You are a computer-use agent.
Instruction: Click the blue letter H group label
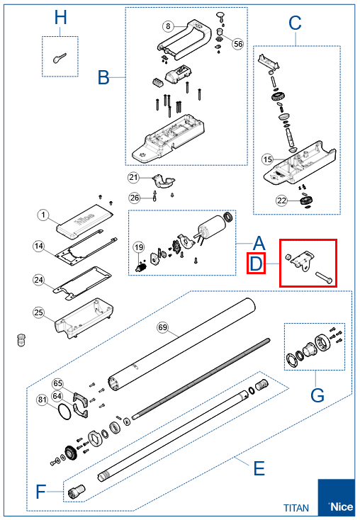[x=60, y=17]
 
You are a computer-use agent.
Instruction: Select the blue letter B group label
[x=103, y=77]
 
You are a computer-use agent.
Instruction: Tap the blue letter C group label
[x=295, y=23]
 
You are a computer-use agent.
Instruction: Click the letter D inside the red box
[x=256, y=264]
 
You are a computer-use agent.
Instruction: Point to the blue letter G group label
[x=317, y=395]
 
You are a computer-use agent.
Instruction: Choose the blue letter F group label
[x=40, y=492]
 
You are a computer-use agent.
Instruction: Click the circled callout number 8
[x=168, y=26]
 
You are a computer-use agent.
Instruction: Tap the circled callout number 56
[x=238, y=44]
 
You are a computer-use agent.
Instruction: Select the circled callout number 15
[x=267, y=159]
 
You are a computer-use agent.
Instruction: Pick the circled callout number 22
[x=281, y=200]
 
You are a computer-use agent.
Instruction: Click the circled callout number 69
[x=162, y=327]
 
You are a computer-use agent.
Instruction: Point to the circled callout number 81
[x=42, y=400]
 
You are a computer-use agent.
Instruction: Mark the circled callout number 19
[x=139, y=247]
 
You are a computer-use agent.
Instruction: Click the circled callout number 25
[x=39, y=312]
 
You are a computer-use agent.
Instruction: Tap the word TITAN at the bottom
[x=296, y=508]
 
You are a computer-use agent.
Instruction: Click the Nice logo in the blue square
[x=341, y=507]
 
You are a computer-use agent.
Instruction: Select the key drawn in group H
[x=60, y=58]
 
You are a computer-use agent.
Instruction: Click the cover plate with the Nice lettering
[x=85, y=221]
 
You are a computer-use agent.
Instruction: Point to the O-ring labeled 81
[x=64, y=412]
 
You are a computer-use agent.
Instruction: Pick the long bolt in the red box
[x=323, y=277]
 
